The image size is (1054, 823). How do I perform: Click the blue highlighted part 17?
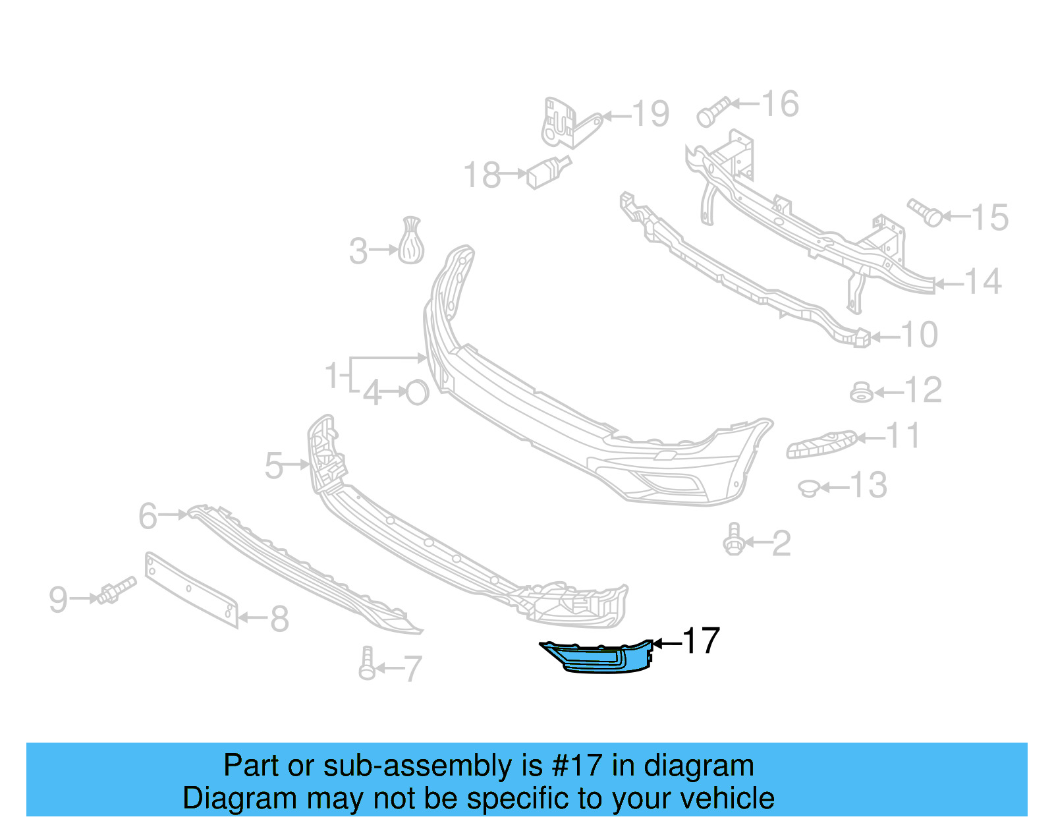pos(599,658)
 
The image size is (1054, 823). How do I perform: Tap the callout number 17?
pos(701,641)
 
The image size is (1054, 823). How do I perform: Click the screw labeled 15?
pos(925,212)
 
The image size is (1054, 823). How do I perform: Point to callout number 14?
pos(983,281)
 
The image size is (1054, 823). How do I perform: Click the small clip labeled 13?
pos(808,488)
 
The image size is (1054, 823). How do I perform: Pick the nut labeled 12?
pos(861,393)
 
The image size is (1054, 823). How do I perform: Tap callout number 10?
pos(919,335)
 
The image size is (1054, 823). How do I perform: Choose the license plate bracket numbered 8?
pos(191,590)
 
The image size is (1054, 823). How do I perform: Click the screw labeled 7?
pos(367,664)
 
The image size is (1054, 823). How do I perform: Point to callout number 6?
pos(148,515)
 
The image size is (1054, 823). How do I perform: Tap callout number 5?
pos(273,465)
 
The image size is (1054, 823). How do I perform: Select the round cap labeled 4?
pos(418,393)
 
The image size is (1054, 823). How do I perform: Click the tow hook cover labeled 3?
pos(411,241)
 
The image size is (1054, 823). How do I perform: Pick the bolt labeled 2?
pos(733,541)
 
